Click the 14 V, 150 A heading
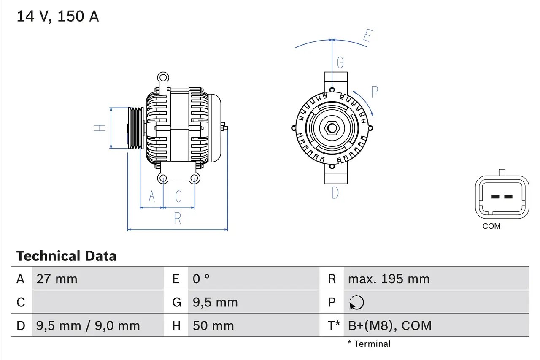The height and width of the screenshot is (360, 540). tap(57, 16)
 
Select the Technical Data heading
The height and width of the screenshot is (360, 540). tap(66, 256)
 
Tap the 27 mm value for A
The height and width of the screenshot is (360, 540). tap(57, 279)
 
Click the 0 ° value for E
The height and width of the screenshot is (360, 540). tap(201, 279)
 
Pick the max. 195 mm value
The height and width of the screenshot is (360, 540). tap(389, 279)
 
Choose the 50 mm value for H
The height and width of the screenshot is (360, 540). tap(213, 325)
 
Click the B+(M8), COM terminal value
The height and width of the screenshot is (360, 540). tap(390, 325)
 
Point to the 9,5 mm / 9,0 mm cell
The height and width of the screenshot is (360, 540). tap(88, 325)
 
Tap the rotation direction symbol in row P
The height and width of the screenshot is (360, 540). tap(356, 303)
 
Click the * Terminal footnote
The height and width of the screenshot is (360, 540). tap(369, 344)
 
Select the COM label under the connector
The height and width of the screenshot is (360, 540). tap(491, 226)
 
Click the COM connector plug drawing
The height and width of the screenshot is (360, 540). tap(502, 197)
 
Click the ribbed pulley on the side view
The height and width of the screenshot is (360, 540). tap(136, 128)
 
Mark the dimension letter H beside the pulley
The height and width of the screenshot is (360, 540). tap(100, 127)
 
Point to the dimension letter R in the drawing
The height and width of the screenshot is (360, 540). tap(177, 219)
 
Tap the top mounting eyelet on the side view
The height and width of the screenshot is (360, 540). tap(163, 78)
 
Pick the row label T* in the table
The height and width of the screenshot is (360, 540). tap(334, 325)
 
